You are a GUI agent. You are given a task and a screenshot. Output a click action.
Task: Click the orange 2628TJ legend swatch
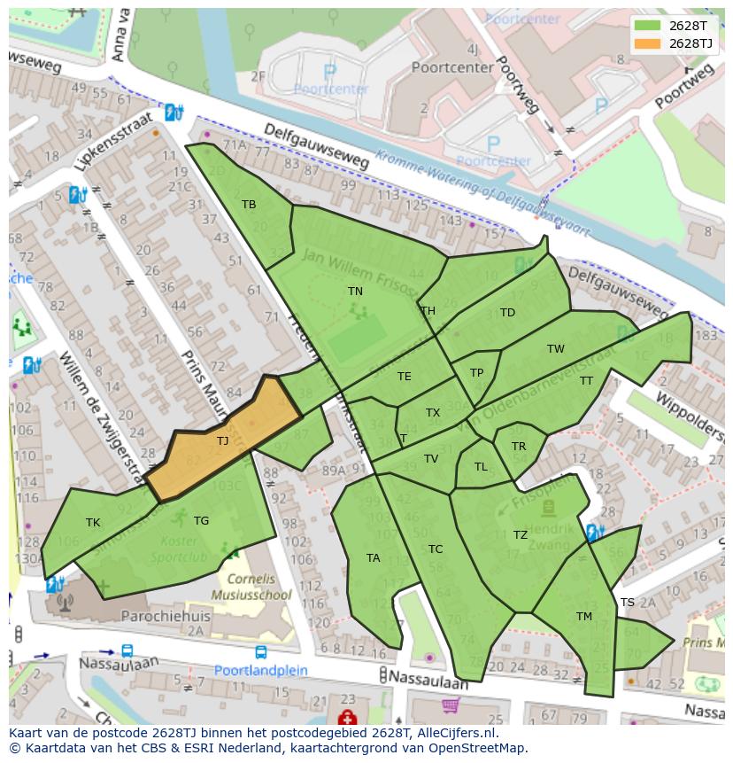[648, 43]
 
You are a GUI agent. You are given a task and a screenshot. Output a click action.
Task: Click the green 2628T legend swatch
[648, 26]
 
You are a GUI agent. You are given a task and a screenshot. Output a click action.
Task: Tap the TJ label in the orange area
[222, 440]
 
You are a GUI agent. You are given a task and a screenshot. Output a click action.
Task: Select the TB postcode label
[249, 205]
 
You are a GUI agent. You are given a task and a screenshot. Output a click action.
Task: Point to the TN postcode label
[355, 291]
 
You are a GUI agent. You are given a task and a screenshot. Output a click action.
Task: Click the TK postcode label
[93, 523]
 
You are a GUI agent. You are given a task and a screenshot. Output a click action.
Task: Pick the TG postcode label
[201, 521]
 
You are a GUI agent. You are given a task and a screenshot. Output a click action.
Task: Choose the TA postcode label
[373, 558]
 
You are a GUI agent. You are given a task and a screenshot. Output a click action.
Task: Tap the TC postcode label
[436, 549]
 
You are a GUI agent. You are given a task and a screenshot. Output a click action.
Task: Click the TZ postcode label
[521, 534]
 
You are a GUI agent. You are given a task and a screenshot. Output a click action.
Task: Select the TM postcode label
[584, 617]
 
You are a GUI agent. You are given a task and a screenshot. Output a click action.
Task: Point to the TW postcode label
[555, 349]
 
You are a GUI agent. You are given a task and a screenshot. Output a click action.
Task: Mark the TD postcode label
[507, 313]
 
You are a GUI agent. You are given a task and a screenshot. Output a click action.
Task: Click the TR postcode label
[519, 447]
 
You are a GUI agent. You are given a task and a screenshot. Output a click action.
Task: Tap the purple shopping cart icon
[451, 705]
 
